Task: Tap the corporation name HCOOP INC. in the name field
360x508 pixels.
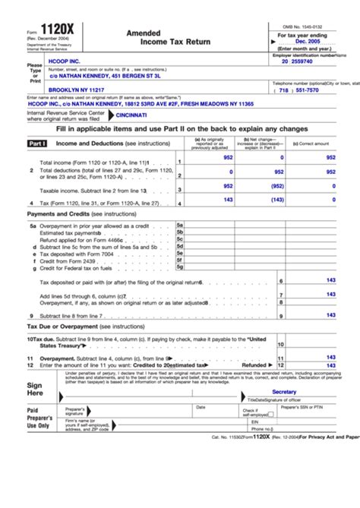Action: pos(66,61)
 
